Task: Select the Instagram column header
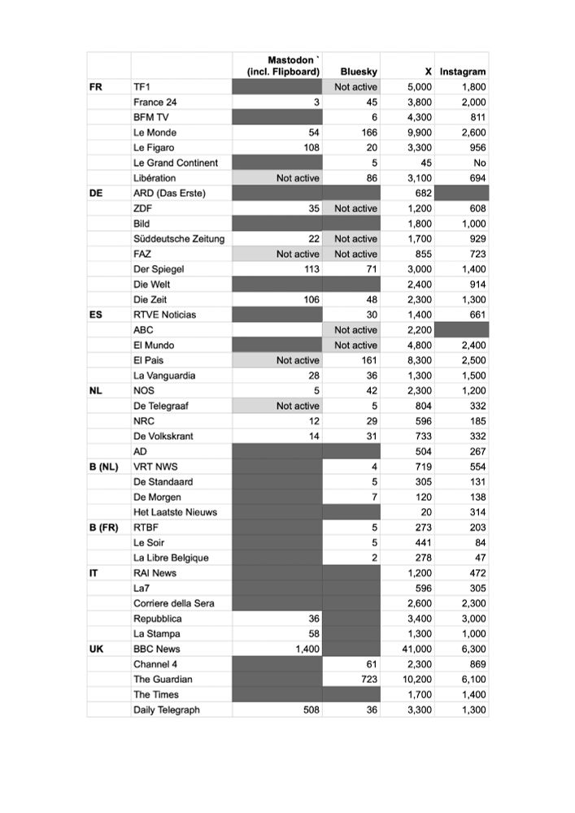tap(463, 72)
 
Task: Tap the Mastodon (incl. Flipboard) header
tap(283, 66)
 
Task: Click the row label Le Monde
tap(155, 133)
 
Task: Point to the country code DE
tap(96, 193)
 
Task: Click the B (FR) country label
tap(103, 528)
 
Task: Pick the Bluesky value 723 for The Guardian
tap(368, 680)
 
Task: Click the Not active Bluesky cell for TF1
tap(355, 87)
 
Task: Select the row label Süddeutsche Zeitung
tap(179, 239)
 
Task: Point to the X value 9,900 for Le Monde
tap(419, 133)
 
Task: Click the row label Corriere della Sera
tap(174, 603)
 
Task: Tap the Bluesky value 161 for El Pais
tap(368, 360)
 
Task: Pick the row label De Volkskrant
tap(163, 437)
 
